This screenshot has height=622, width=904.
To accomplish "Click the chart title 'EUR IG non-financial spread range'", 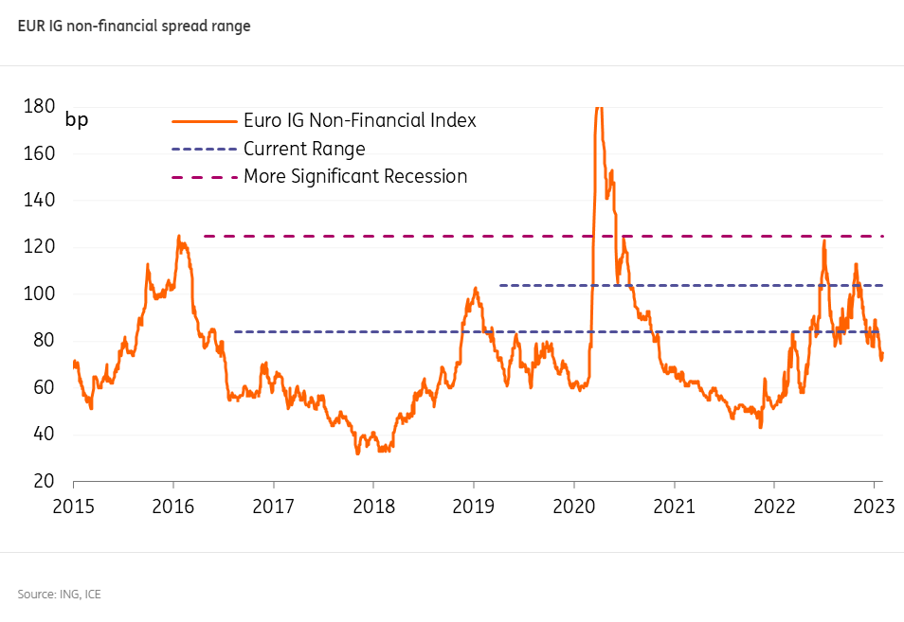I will pos(134,27).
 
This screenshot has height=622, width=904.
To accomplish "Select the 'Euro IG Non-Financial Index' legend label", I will pos(359,121).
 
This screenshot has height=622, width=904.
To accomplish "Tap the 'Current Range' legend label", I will pos(304,149).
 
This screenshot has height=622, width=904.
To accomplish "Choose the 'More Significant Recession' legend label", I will pos(355,176).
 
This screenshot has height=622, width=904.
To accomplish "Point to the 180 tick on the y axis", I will pos(39,106).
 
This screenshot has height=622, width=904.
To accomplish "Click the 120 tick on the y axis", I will pos(39,247).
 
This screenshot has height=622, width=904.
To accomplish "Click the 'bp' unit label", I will pos(76,120).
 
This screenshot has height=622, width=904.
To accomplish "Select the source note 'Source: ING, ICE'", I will pos(59,594).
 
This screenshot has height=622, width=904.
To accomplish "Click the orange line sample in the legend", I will pos(203,121).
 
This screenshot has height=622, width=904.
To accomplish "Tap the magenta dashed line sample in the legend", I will pos(203,177).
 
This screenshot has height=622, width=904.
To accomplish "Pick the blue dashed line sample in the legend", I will pos(203,150).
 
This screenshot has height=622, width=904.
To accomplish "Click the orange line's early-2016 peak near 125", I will pos(179,237).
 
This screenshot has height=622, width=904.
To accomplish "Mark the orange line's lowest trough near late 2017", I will pos(357,453).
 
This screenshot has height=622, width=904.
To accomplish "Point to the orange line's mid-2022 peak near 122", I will pos(824,241).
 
